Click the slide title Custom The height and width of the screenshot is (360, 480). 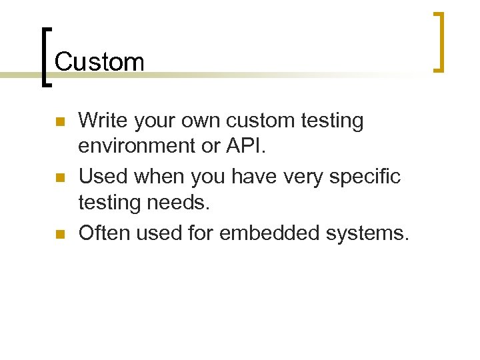click(99, 62)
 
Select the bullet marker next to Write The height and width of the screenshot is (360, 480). click(59, 122)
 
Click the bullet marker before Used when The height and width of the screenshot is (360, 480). click(59, 178)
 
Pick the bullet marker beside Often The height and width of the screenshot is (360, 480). click(59, 234)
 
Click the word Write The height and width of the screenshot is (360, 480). click(103, 121)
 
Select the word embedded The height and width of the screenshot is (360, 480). click(264, 233)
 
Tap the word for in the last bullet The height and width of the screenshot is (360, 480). click(201, 233)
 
